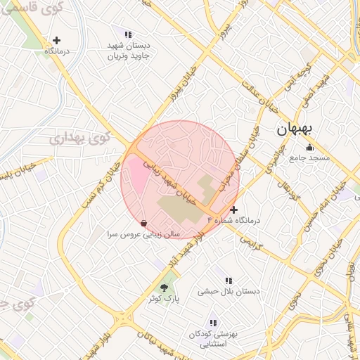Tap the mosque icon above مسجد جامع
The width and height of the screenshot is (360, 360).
click(x=310, y=147)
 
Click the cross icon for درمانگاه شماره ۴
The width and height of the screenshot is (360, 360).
click(x=234, y=210)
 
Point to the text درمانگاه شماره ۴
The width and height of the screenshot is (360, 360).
click(x=234, y=221)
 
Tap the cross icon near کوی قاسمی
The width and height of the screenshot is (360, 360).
click(x=57, y=40)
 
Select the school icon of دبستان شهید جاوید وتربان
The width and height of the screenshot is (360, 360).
click(x=128, y=34)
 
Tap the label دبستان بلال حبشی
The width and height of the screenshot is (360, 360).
click(x=229, y=290)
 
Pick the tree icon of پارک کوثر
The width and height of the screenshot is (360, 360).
click(x=165, y=288)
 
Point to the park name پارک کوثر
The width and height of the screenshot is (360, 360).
click(x=164, y=299)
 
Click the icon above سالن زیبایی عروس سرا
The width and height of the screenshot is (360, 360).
click(x=144, y=223)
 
